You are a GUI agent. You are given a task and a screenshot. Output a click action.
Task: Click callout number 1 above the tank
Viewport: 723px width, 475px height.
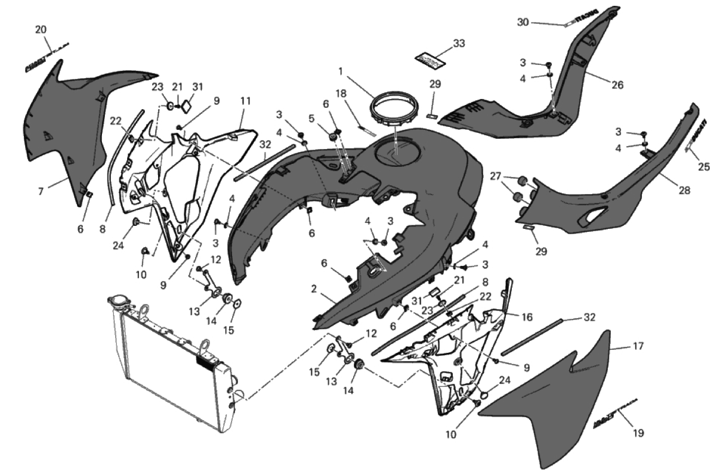click(341, 71)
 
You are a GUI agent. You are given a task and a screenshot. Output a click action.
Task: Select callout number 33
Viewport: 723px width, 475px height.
click(459, 44)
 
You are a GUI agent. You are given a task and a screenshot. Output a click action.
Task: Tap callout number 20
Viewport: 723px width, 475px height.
click(41, 29)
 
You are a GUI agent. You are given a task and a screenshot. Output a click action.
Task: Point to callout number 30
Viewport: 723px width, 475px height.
click(523, 23)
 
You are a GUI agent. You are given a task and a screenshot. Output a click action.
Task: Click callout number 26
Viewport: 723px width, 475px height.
click(617, 85)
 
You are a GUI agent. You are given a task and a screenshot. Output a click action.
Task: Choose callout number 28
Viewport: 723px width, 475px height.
click(684, 191)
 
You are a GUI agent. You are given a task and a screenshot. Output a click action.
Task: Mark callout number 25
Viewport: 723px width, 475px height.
click(704, 167)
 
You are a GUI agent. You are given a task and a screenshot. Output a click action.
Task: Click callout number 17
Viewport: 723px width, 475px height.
click(638, 345)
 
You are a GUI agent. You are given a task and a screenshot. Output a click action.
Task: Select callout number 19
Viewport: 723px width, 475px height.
click(638, 433)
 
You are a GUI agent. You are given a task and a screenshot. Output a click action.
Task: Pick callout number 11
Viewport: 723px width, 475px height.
click(245, 101)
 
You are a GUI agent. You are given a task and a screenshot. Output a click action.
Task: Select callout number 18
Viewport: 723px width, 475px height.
click(341, 94)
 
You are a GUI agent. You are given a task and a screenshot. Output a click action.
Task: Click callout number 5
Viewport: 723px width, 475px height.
click(310, 119)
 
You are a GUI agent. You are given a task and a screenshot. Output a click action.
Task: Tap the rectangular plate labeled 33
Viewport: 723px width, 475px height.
click(430, 61)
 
